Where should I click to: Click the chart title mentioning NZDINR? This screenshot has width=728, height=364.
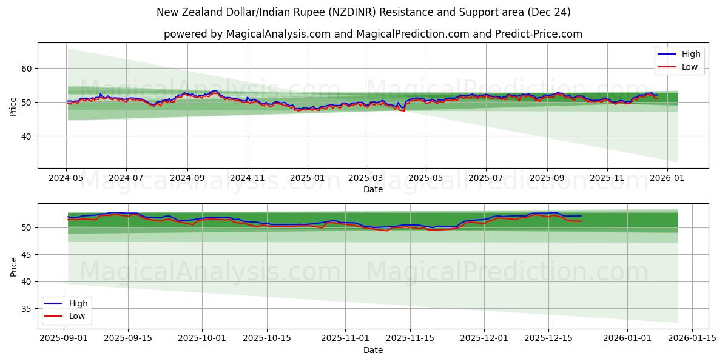pos(363,12)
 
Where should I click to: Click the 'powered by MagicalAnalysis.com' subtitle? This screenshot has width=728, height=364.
pos(372,34)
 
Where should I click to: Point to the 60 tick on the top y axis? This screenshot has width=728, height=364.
pos(27,69)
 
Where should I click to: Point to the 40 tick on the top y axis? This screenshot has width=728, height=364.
pos(27,136)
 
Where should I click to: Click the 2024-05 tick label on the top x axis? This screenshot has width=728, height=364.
pos(66,179)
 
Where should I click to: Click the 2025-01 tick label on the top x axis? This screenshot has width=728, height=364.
pos(307,179)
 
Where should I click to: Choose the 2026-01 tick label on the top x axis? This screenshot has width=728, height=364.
pos(667,179)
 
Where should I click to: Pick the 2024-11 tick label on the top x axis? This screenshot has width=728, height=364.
pos(248,179)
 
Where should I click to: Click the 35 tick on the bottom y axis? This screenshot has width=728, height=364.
pos(27,309)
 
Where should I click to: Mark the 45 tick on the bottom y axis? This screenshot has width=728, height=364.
pos(27,255)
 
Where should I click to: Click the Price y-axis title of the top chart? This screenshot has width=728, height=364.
pos(13,106)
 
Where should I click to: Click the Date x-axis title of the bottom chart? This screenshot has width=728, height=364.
pos(372,350)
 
